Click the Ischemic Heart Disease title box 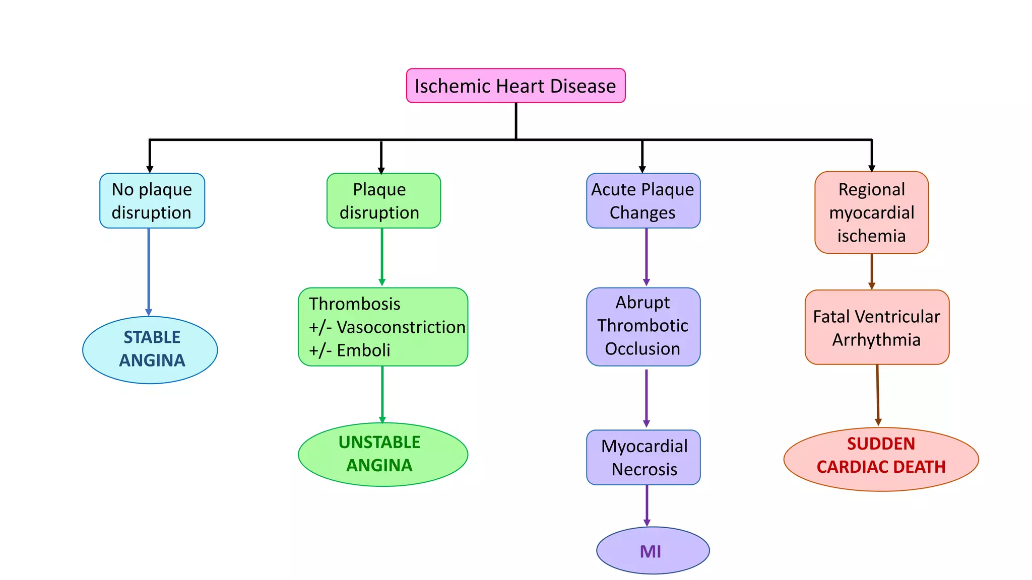tap(515, 86)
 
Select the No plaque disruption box tap(152, 201)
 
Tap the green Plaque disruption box tap(383, 201)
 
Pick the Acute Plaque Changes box tap(643, 201)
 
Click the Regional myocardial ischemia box tap(871, 212)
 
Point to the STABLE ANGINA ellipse tap(150, 350)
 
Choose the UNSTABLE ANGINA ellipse tap(383, 454)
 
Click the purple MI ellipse tap(653, 550)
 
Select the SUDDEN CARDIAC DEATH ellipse tap(881, 459)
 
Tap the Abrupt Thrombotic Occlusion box tap(643, 326)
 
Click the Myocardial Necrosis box tap(643, 457)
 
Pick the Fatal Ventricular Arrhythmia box tap(877, 327)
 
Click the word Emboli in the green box tap(363, 350)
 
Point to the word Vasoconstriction tap(401, 327)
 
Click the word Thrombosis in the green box tap(355, 304)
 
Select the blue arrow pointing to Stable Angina tap(149, 272)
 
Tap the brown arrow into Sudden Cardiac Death tap(878, 395)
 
